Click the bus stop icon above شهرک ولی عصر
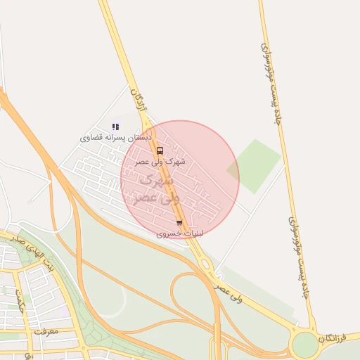[x=160, y=150]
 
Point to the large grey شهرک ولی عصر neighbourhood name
[x=159, y=189]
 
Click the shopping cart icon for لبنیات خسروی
[x=179, y=223]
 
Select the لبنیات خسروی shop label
[x=179, y=233]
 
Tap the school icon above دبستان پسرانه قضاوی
[x=115, y=127]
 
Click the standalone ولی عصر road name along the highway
[x=229, y=292]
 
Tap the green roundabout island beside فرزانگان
[x=305, y=345]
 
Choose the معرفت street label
[x=45, y=330]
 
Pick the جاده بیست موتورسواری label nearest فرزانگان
[x=299, y=257]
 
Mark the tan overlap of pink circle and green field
[x=233, y=169]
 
